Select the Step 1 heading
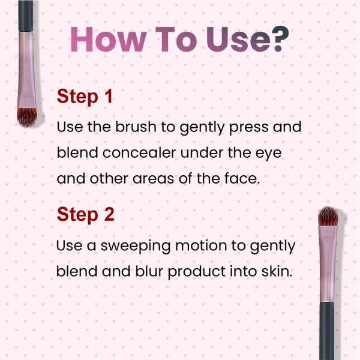click(x=85, y=97)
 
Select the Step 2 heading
click(x=85, y=214)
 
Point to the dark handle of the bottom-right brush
click(x=327, y=330)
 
